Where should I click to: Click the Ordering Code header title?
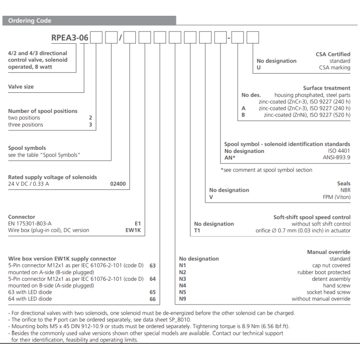click(x=30, y=21)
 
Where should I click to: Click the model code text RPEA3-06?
click(x=70, y=38)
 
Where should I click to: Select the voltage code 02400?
click(x=118, y=184)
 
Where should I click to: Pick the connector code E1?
click(x=138, y=223)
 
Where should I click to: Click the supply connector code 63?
click(x=153, y=265)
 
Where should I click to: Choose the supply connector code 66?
click(x=153, y=299)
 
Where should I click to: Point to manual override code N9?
click(x=183, y=299)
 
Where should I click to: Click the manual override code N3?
click(x=183, y=279)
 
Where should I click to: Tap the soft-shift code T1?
click(x=198, y=230)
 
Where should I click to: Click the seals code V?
click(x=211, y=197)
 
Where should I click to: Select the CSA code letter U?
click(x=259, y=67)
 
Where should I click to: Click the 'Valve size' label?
click(x=21, y=86)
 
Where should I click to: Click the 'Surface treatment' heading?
click(x=326, y=88)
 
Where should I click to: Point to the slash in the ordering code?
click(x=120, y=38)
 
